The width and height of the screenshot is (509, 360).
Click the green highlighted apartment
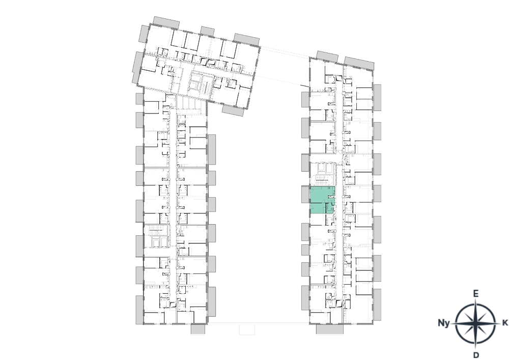tap(322, 200)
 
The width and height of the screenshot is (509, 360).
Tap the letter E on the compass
tap(475, 294)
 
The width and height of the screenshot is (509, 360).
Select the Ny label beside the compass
tap(444, 323)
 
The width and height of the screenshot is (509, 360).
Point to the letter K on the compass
tap(505, 323)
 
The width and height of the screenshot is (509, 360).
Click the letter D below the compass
tap(476, 355)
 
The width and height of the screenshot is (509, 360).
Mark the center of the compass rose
tap(475, 324)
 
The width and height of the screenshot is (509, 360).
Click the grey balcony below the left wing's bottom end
tap(198, 329)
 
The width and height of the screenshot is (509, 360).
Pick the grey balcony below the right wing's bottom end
tap(329, 329)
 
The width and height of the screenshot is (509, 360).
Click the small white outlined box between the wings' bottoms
tap(247, 329)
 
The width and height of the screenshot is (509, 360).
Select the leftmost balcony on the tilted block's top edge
tap(166, 22)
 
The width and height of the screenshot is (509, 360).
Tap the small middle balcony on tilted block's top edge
tap(207, 31)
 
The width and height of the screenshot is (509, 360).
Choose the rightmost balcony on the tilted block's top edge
tap(246, 39)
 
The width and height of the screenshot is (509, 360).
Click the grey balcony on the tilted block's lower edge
tap(233, 110)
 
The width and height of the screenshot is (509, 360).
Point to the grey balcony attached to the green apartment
tap(305, 195)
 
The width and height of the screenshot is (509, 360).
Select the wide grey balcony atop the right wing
tap(359, 63)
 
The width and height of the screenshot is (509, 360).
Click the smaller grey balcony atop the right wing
tap(327, 57)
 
